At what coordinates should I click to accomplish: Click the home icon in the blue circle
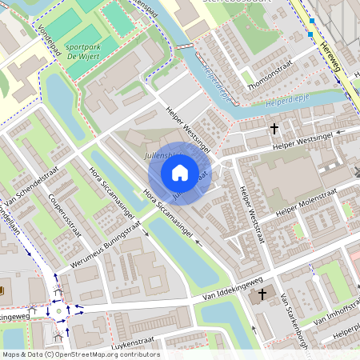(x=180, y=173)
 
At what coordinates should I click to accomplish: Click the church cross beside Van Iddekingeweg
(x=262, y=294)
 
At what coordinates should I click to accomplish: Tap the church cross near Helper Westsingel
(x=274, y=128)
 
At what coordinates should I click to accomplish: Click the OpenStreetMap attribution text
(x=81, y=354)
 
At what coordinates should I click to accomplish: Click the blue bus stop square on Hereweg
(x=311, y=22)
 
